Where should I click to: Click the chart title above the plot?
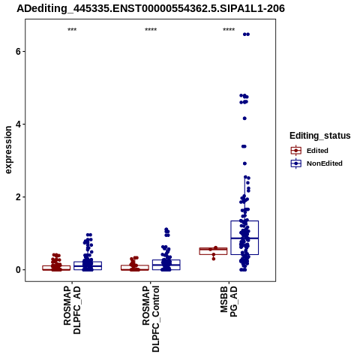[151, 9]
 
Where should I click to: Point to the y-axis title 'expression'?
[8, 150]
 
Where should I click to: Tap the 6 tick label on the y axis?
[18, 51]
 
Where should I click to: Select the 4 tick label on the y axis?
[18, 124]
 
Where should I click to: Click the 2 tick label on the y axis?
[18, 197]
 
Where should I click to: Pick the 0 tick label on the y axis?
[18, 270]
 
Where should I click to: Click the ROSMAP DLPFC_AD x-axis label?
[72, 310]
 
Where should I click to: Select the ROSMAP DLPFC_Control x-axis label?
[151, 319]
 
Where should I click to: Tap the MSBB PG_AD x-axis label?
[229, 301]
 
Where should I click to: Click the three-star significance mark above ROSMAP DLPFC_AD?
[72, 30]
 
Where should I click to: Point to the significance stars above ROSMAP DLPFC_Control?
[151, 30]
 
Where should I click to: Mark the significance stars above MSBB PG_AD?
[229, 30]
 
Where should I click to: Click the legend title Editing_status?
[320, 136]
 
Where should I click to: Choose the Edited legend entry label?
[317, 151]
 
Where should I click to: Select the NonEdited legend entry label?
[325, 163]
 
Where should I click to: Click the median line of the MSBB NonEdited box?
[244, 238]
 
